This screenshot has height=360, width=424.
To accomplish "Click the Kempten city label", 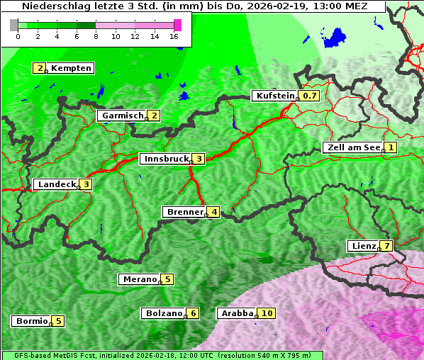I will [71, 68].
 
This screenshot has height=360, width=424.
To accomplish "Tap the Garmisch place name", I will [123, 116].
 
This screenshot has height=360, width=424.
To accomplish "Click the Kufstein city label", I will [275, 96].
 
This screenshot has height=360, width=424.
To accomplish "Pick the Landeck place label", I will [57, 184].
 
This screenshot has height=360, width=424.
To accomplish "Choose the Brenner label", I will [184, 212].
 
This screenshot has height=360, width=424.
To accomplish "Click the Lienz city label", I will [363, 246].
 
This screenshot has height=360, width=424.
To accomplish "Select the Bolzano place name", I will [164, 313].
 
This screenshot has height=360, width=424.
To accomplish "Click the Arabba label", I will [236, 313].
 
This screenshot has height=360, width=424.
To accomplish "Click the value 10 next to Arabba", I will [267, 313].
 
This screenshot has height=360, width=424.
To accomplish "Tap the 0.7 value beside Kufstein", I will [310, 96].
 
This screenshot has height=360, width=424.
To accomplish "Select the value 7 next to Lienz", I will [386, 246].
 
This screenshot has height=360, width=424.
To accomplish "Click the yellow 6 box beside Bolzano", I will [192, 313].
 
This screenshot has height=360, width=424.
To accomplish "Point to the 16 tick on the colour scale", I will [174, 37].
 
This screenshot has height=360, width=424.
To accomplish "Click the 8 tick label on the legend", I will [96, 37].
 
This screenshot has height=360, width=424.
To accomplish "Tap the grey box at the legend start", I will [14, 25].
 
